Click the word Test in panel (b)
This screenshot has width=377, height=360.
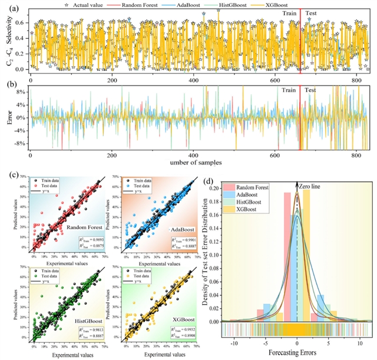click(x=310, y=90)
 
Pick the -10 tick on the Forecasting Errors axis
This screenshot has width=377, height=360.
click(x=234, y=342)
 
